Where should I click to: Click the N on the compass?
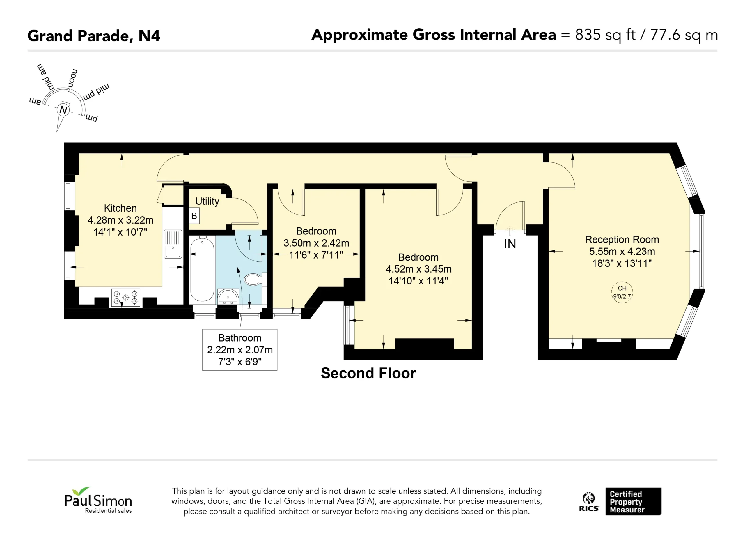click(x=63, y=110)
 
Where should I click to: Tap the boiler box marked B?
click(x=194, y=216)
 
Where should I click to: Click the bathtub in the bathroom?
click(x=202, y=270)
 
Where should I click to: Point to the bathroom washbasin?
click(x=228, y=296)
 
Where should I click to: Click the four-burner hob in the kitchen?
click(x=125, y=298)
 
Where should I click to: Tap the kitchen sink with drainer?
click(x=173, y=244)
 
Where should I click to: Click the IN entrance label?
click(x=510, y=244)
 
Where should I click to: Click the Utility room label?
click(x=207, y=201)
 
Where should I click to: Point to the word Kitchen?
click(x=120, y=208)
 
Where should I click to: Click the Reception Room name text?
click(x=622, y=239)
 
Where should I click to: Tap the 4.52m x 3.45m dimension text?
click(x=418, y=269)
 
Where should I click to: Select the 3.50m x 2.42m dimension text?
click(x=316, y=243)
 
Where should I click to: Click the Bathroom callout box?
click(x=240, y=350)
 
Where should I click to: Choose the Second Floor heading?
click(x=368, y=373)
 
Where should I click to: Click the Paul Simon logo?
click(x=98, y=500)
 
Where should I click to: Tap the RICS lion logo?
click(x=589, y=502)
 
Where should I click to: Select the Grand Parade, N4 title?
click(x=94, y=36)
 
